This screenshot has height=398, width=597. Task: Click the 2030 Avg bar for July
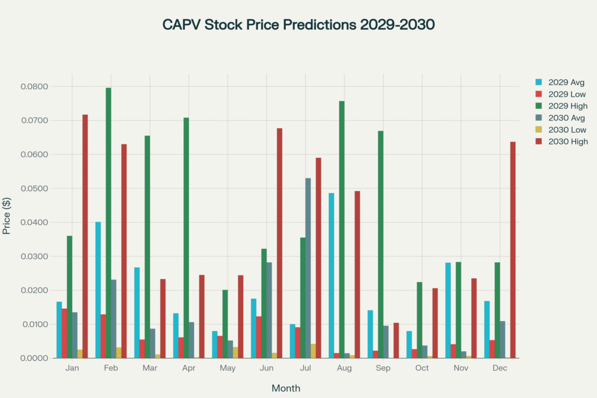[308, 268]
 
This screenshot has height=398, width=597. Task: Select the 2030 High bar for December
[513, 249]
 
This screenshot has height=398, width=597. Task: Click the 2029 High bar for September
[381, 244]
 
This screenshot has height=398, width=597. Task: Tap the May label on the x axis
[227, 368]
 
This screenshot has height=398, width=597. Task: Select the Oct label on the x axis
[422, 368]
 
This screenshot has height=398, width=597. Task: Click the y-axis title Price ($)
[7, 216]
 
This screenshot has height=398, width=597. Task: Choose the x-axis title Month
[286, 388]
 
